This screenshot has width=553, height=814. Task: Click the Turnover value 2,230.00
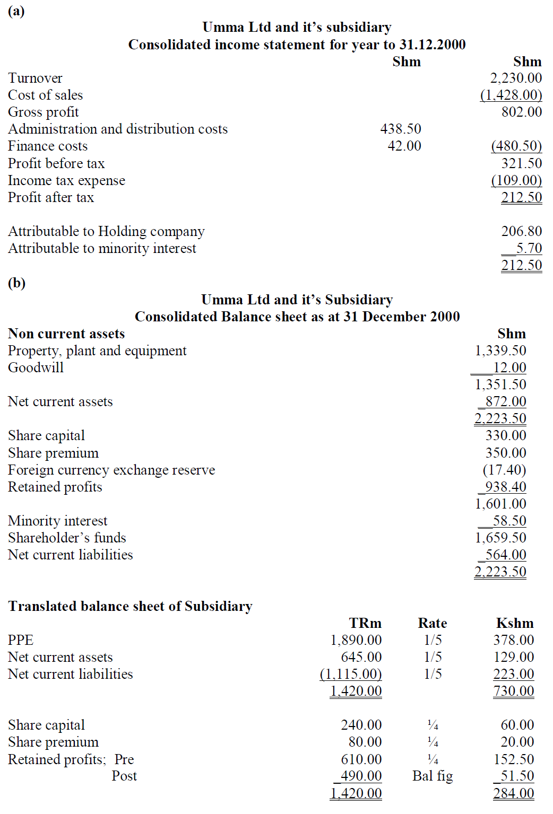click(516, 78)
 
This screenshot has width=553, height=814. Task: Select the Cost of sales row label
click(45, 95)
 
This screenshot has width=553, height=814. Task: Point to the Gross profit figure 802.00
click(522, 112)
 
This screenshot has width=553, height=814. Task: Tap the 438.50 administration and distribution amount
click(401, 129)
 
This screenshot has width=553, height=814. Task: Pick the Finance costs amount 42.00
click(404, 146)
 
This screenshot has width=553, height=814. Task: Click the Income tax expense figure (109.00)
click(516, 180)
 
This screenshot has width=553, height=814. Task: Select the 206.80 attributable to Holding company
click(522, 231)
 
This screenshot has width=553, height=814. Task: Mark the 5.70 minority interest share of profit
click(529, 248)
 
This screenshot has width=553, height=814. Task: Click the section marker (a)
click(16, 11)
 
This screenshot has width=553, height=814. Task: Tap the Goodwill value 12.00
click(509, 367)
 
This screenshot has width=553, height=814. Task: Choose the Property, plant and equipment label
click(97, 351)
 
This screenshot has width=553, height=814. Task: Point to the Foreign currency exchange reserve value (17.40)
click(504, 470)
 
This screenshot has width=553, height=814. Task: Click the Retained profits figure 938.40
click(505, 487)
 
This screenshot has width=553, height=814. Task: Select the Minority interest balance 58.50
click(509, 521)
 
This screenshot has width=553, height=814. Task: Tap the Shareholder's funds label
click(67, 538)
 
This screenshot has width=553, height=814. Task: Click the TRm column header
click(365, 623)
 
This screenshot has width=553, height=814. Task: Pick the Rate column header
click(432, 623)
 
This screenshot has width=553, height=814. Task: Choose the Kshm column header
click(515, 623)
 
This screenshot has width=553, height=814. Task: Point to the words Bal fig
click(433, 776)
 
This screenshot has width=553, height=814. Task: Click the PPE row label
click(21, 640)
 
